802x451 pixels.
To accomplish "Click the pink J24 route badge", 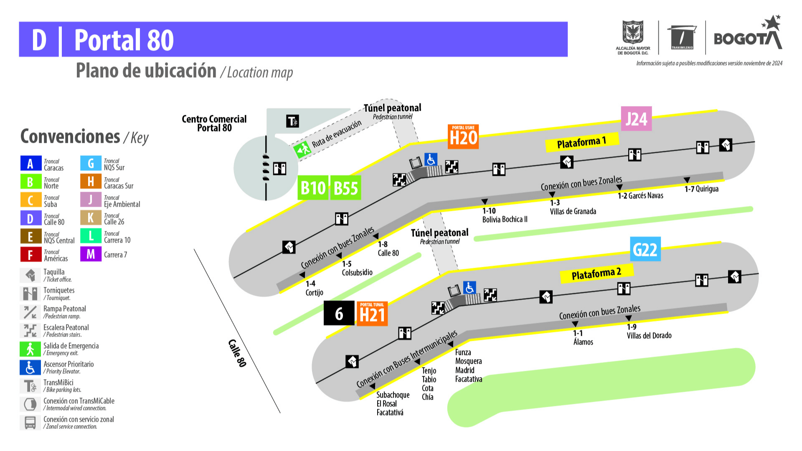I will [x=636, y=119].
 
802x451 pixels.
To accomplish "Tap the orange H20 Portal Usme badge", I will [x=463, y=137].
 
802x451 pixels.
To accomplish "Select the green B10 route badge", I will [x=313, y=188].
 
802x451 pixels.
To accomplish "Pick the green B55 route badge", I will [x=346, y=188].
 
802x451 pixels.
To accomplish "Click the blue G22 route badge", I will [x=645, y=249].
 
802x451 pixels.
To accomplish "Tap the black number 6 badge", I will [x=339, y=314].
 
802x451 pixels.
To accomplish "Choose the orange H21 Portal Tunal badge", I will [x=372, y=314].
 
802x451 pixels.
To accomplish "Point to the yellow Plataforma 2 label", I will [x=596, y=274].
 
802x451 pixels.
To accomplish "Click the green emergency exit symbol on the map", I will [x=302, y=149].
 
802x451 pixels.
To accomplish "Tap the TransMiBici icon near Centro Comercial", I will [x=292, y=121].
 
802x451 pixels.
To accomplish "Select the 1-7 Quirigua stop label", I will [x=701, y=189].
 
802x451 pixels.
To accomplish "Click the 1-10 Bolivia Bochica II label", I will [x=505, y=215].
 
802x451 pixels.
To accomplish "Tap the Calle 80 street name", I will [x=237, y=353].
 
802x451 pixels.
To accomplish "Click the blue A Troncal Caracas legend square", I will [x=30, y=163].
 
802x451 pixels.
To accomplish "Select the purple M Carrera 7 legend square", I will [x=91, y=254].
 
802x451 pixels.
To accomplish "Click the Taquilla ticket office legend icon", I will [x=30, y=275].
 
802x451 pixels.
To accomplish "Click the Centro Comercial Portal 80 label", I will [x=214, y=124].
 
